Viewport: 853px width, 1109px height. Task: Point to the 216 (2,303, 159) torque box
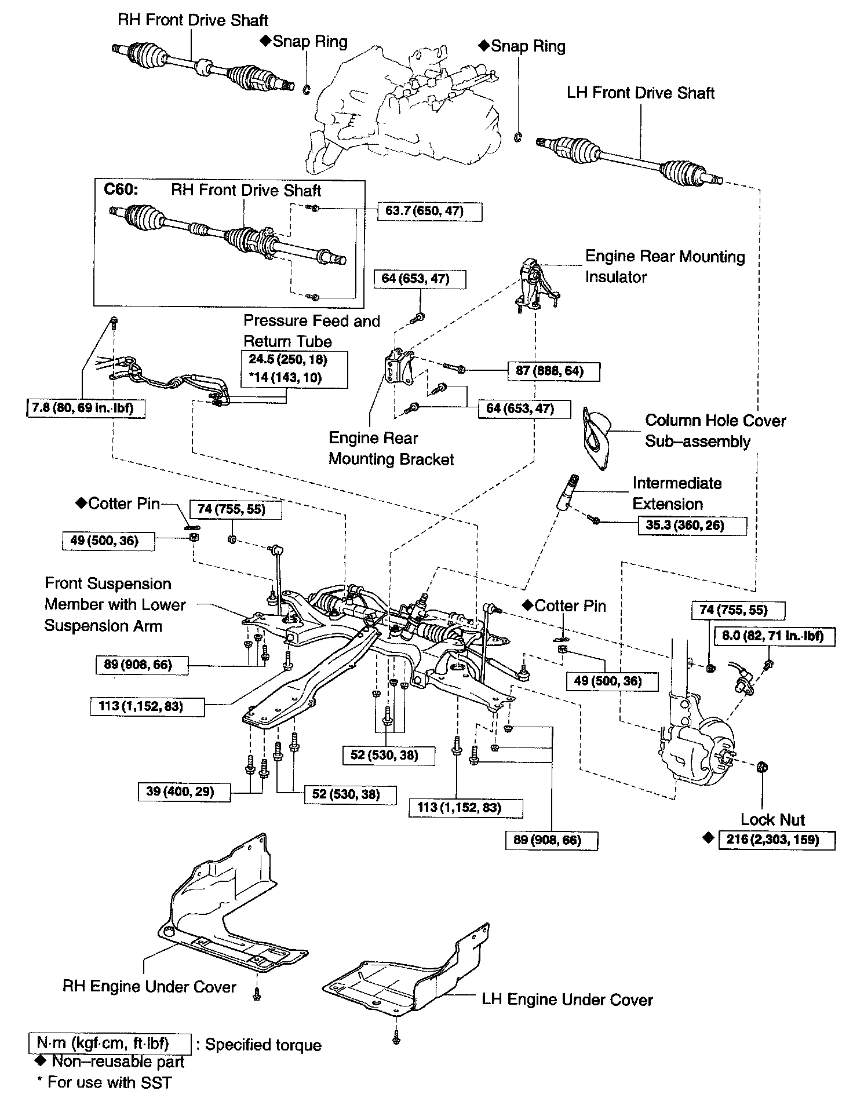pyautogui.click(x=777, y=840)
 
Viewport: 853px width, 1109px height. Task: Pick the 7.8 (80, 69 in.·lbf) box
pyautogui.click(x=85, y=408)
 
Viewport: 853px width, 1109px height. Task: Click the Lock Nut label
pyautogui.click(x=773, y=819)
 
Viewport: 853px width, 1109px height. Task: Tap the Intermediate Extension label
pyautogui.click(x=676, y=494)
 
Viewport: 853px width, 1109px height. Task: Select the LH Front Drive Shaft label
pyautogui.click(x=640, y=93)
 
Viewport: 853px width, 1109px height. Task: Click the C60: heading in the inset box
pyautogui.click(x=121, y=191)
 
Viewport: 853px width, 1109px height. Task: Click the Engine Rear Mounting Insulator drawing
pyautogui.click(x=536, y=284)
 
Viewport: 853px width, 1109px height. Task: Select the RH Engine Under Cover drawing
pyautogui.click(x=226, y=910)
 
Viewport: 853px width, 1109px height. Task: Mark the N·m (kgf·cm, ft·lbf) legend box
pyautogui.click(x=110, y=1043)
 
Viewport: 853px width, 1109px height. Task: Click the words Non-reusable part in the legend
pyautogui.click(x=118, y=1061)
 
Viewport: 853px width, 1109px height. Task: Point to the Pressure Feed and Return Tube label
pyautogui.click(x=311, y=331)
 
